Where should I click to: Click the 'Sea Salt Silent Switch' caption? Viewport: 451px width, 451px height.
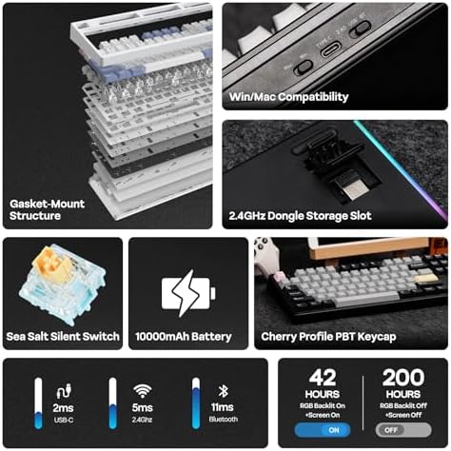coord(62,336)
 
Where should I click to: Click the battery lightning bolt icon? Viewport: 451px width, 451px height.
coord(187,290)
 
